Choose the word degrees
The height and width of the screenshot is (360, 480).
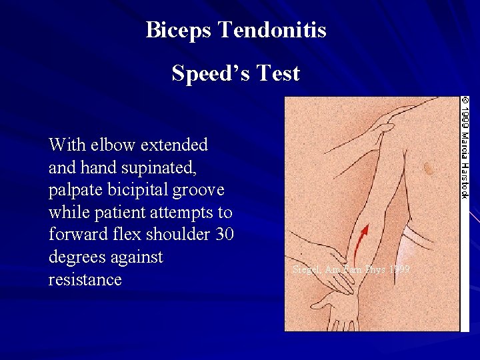pyautogui.click(x=79, y=258)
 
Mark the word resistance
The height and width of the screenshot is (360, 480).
pyautogui.click(x=85, y=280)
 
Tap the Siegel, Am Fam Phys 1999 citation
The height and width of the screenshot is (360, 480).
pyautogui.click(x=351, y=269)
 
